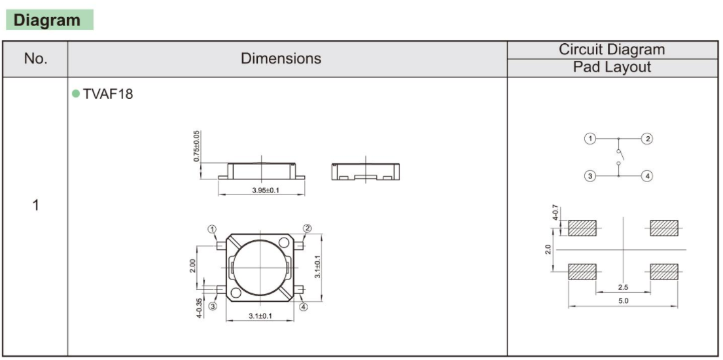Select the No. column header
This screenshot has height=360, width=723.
coord(35,59)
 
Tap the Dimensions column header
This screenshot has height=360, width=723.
coord(281,58)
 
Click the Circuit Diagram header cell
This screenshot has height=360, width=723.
coord(611,50)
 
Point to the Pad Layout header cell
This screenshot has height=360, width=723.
coord(611,67)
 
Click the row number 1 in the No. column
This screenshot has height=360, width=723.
coord(35,205)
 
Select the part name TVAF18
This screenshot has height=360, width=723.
coord(107,94)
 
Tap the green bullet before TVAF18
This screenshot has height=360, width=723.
coord(76,94)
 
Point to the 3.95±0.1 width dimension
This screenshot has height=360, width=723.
coord(261,190)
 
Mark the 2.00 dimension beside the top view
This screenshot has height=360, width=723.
coord(193,266)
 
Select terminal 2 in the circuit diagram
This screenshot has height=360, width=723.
coord(648,139)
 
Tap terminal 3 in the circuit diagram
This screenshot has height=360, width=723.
coord(590,175)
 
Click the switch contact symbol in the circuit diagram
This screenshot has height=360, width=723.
coord(619,157)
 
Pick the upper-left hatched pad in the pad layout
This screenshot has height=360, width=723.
coord(582,228)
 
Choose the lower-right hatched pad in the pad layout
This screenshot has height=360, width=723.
coord(663,271)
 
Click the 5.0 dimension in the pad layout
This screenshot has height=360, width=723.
coord(622,300)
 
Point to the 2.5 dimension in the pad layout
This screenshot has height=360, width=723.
coord(622,287)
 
